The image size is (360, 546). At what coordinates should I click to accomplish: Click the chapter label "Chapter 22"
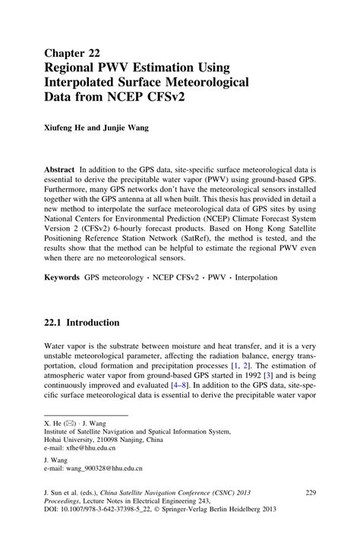tap(71, 53)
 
